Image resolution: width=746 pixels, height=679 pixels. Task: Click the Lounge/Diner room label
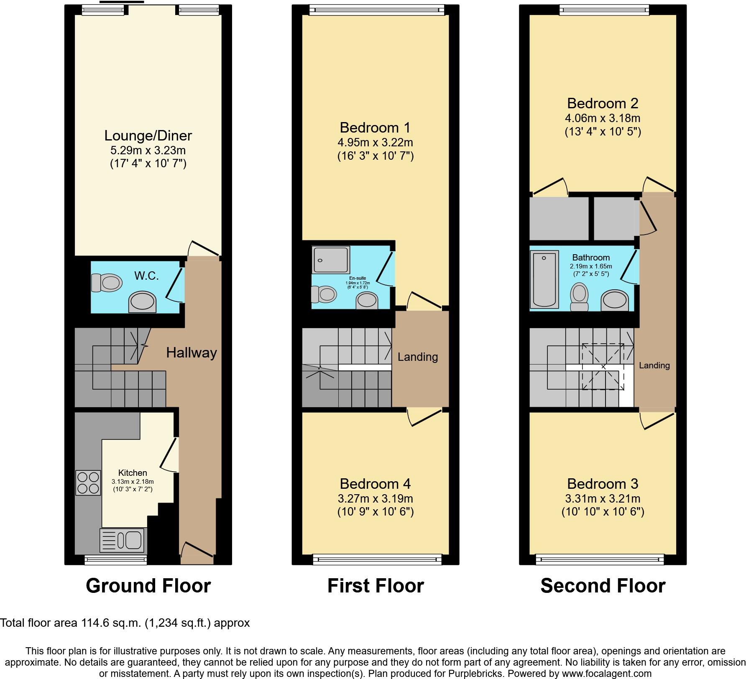point(148,136)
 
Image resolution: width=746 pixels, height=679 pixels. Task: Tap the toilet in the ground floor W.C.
point(107,283)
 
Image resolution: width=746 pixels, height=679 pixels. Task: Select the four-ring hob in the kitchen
point(88,483)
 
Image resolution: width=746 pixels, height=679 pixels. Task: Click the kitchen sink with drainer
point(123,540)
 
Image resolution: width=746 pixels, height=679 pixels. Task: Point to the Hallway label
point(192,353)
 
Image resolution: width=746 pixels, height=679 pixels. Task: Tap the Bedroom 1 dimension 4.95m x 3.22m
point(375,143)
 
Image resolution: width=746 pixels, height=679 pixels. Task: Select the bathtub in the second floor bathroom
point(544,278)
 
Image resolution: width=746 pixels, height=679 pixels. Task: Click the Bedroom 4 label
point(375,484)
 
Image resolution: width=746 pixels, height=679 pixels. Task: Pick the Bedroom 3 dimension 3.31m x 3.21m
point(603,499)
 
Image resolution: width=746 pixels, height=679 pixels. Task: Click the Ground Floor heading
point(148,586)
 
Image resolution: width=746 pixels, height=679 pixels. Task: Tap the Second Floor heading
point(603,586)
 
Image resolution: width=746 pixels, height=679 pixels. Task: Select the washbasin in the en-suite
point(367,301)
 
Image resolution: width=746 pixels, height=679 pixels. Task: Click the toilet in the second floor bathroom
point(579,296)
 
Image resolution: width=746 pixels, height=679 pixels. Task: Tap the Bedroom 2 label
point(603,103)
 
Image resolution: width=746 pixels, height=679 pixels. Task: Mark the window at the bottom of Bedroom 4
point(377,559)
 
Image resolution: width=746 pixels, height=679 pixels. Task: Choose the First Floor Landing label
point(417,357)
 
